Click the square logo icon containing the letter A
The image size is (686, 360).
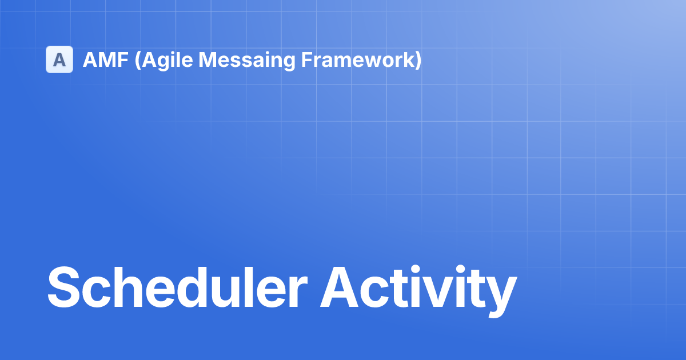pos(59,59)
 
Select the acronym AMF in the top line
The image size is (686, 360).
pos(106,59)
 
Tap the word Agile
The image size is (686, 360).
pos(167,61)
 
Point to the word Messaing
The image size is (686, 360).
pos(247,61)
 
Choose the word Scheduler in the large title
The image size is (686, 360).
pos(177,287)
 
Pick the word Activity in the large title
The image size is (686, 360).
pos(418,291)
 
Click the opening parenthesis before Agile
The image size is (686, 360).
pos(138,61)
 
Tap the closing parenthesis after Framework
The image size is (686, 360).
pos(418,61)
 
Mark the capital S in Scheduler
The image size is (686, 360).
pos(63,287)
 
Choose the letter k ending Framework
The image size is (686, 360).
pos(407,59)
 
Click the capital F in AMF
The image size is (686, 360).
pos(123,59)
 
